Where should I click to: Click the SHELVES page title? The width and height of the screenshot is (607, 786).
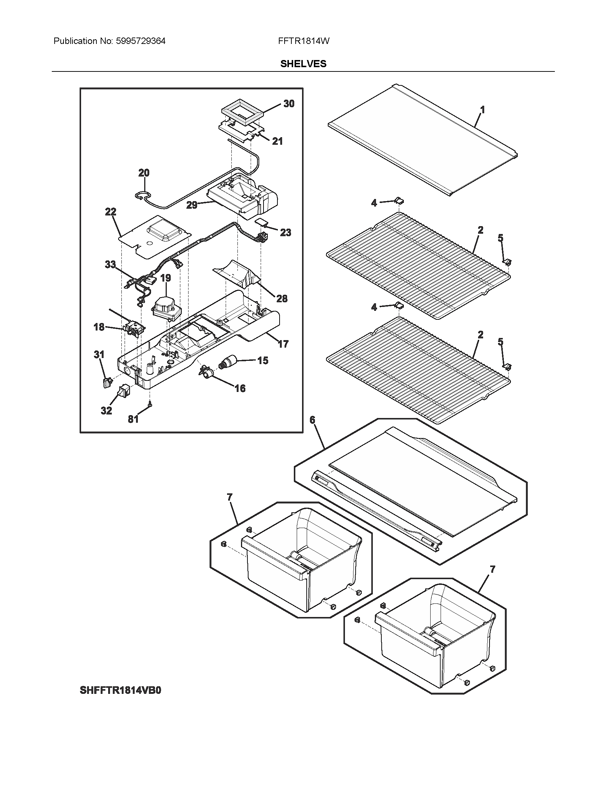pyautogui.click(x=303, y=64)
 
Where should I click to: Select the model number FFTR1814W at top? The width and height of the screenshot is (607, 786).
pyautogui.click(x=303, y=41)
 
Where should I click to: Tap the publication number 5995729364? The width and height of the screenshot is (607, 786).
pyautogui.click(x=141, y=41)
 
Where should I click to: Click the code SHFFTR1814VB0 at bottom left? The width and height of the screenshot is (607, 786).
pyautogui.click(x=120, y=691)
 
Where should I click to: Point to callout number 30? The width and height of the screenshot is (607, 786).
pyautogui.click(x=289, y=104)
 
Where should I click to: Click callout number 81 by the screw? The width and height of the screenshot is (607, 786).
pyautogui.click(x=133, y=419)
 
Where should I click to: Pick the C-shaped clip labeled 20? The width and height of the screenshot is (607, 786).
pyautogui.click(x=143, y=196)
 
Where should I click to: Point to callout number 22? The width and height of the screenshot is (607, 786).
pyautogui.click(x=110, y=212)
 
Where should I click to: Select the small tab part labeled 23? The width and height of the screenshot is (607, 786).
pyautogui.click(x=262, y=223)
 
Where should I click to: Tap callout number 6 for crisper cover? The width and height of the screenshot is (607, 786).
pyautogui.click(x=312, y=420)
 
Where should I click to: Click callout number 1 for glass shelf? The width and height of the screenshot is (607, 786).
pyautogui.click(x=482, y=110)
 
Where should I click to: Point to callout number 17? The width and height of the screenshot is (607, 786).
pyautogui.click(x=283, y=344)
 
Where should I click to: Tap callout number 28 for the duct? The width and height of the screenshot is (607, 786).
pyautogui.click(x=282, y=298)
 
